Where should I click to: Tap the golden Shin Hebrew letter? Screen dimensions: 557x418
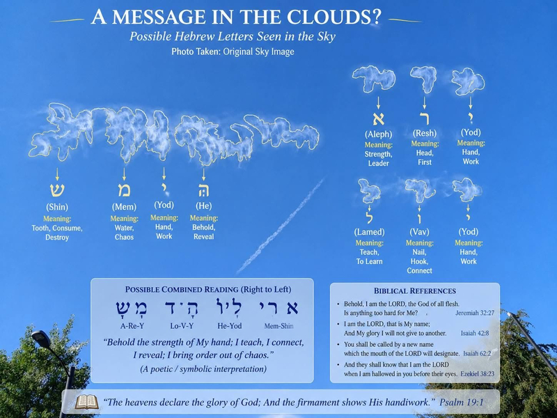57,190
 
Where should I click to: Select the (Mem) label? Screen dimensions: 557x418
124,207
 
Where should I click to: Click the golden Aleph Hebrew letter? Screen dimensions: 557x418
378,119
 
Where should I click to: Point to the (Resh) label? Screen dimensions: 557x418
425,133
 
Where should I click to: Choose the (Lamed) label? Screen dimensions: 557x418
370,232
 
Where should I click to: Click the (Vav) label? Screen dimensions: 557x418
420,232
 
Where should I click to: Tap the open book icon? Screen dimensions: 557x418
86,403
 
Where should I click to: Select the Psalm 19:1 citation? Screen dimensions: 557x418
462,403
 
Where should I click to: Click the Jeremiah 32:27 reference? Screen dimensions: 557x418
475,313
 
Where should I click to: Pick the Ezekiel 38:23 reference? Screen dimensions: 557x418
477,374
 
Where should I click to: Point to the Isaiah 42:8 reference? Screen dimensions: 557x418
475,334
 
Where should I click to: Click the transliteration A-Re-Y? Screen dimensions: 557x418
132,326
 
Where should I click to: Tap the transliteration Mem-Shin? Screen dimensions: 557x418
279,326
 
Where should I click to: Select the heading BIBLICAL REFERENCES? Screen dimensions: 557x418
414,291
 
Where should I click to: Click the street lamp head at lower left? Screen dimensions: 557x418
41,339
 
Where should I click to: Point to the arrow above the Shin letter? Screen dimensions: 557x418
57,174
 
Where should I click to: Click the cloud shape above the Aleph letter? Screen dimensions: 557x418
374,78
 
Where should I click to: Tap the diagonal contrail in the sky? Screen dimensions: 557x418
281,225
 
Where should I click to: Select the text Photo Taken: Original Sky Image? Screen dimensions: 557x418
233,52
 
